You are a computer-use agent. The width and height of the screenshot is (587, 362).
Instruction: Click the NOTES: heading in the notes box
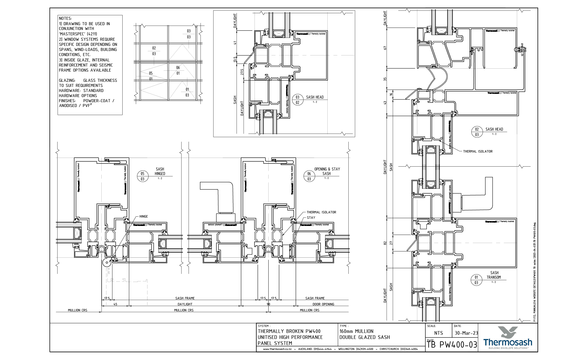tap(65, 19)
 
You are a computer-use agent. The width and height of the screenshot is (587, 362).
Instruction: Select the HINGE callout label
tap(143, 216)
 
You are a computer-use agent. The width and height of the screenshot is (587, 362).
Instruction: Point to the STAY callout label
tap(311, 218)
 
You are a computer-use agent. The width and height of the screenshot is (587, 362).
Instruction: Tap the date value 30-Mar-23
tap(466, 333)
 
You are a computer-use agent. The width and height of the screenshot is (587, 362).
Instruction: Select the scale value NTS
tap(438, 333)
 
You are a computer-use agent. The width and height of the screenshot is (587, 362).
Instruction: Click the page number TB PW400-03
tap(452, 345)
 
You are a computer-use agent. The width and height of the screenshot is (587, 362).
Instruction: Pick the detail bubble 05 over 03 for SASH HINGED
tap(142, 176)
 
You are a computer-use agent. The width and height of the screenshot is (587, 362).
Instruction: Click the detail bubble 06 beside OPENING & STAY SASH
tap(309, 176)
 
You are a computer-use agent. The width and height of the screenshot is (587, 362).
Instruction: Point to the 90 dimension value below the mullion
tap(268, 304)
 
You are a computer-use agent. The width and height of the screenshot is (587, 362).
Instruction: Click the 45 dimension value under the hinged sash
tap(115, 304)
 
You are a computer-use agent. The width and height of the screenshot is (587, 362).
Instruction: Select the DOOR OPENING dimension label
tap(323, 304)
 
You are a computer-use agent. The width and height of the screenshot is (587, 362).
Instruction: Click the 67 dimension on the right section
tap(385, 48)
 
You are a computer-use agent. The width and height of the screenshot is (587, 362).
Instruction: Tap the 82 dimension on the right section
tap(385, 243)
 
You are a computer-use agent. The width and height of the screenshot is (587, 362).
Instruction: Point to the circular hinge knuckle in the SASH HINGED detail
tap(106, 263)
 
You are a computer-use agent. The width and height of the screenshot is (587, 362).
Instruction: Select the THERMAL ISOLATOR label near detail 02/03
tap(478, 151)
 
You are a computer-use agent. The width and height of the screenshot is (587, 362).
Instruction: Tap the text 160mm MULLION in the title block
tap(356, 331)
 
